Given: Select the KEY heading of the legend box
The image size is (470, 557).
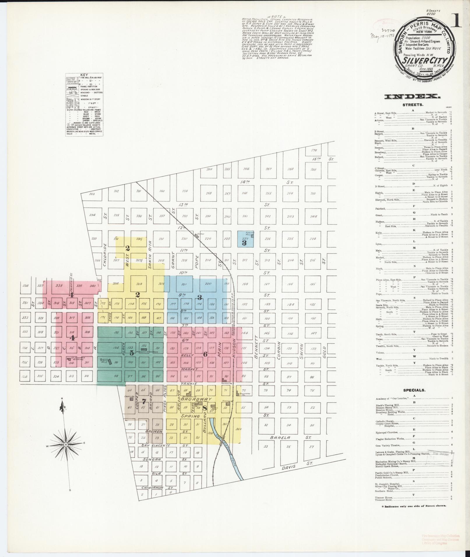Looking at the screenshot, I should (x=84, y=75).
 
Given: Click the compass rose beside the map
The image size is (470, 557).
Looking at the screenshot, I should (x=66, y=445).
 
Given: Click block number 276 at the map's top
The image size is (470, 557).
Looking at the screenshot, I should (x=314, y=150).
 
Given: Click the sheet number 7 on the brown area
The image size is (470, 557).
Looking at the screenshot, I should (x=143, y=401).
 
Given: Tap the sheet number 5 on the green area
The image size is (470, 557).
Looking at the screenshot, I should (x=131, y=353).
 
